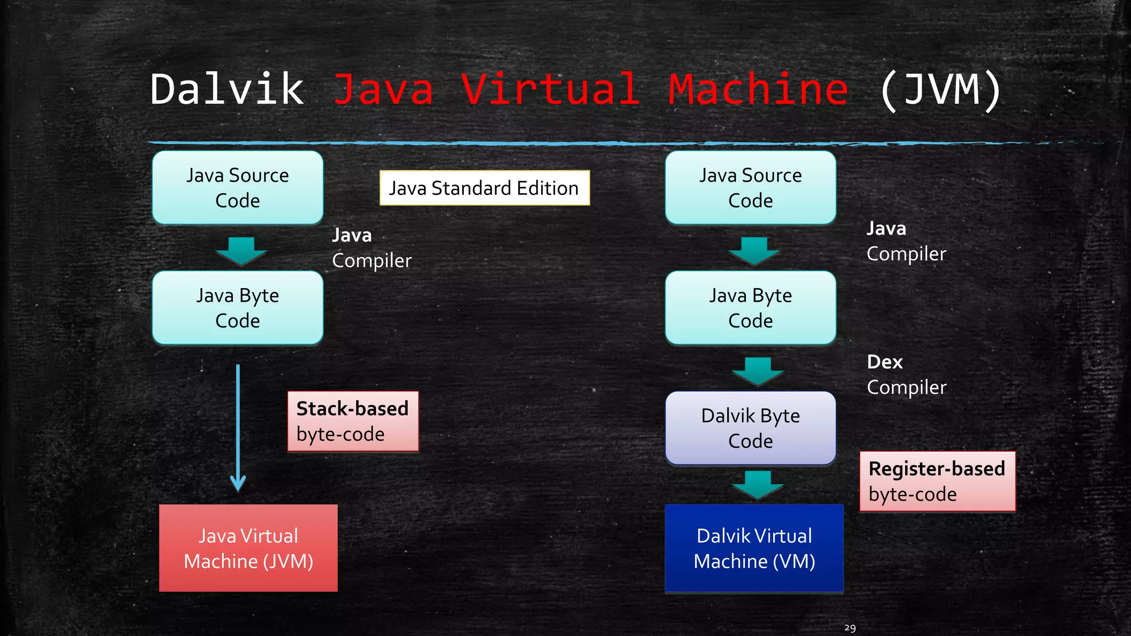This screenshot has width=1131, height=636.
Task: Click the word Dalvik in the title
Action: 227,89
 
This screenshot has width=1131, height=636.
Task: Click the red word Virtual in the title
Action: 551,89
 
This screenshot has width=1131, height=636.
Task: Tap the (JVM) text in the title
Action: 940,89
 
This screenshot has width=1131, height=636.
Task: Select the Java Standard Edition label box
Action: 484,188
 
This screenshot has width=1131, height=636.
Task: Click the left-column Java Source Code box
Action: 237,188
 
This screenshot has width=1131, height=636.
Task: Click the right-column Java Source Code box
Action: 751,188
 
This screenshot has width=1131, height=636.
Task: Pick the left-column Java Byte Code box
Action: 237,308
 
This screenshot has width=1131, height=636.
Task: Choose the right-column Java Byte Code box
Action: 751,308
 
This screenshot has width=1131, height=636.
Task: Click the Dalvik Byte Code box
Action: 751,428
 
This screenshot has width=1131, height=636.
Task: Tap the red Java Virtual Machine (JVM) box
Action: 248,548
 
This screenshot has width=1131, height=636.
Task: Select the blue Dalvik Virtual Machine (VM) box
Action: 754,548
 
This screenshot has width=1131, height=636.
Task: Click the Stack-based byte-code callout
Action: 353,421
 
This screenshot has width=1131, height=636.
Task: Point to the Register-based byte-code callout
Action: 937,481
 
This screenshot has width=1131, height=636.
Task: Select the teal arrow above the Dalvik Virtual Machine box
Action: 758,484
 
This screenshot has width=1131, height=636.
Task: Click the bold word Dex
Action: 885,362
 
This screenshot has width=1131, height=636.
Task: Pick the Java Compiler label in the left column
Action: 371,248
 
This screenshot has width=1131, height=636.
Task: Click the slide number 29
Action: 850,628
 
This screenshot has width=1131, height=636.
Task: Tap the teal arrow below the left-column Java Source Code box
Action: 241,251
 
